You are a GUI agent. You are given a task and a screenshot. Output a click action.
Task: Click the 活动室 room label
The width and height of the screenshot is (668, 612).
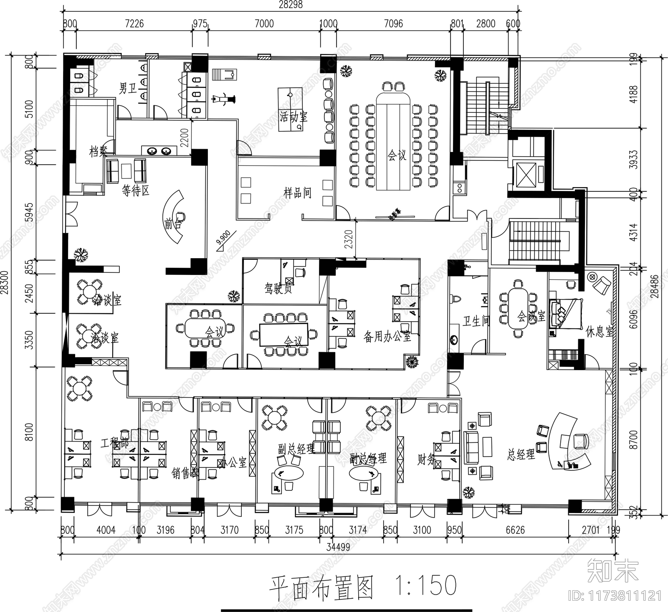pos(294,116)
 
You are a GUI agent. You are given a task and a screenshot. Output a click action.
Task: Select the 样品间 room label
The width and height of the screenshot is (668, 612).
pos(297,193)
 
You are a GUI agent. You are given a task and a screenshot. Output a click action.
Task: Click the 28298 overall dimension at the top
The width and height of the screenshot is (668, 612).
pos(291,5)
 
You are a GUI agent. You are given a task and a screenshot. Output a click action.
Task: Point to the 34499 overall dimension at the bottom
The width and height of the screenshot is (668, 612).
pos(338,547)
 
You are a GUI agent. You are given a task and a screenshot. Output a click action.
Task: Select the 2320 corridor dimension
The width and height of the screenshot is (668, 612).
pos(349,239)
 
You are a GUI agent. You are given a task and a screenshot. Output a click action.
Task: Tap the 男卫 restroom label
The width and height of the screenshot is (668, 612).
pos(128,88)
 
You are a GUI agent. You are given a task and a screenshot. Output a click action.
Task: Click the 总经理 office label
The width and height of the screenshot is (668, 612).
pos(521,454)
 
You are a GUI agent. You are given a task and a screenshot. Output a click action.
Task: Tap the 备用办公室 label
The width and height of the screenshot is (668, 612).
pos(387,337)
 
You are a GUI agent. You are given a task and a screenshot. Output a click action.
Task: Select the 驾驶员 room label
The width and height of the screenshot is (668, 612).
pos(278,288)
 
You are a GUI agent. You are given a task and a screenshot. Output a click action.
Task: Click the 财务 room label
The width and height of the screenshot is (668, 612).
pos(427,460)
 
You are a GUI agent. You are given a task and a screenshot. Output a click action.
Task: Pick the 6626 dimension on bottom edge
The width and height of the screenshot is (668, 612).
pos(515,530)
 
